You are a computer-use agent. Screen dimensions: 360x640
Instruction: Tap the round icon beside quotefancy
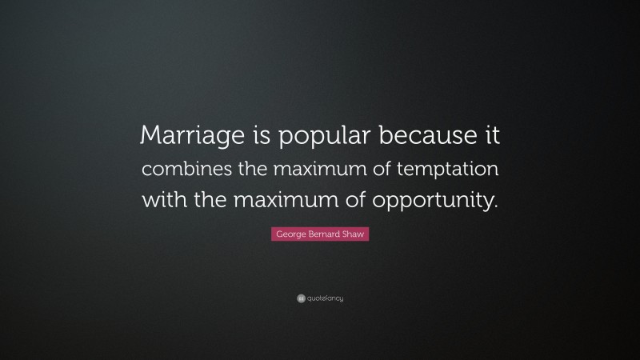click(x=300, y=298)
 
